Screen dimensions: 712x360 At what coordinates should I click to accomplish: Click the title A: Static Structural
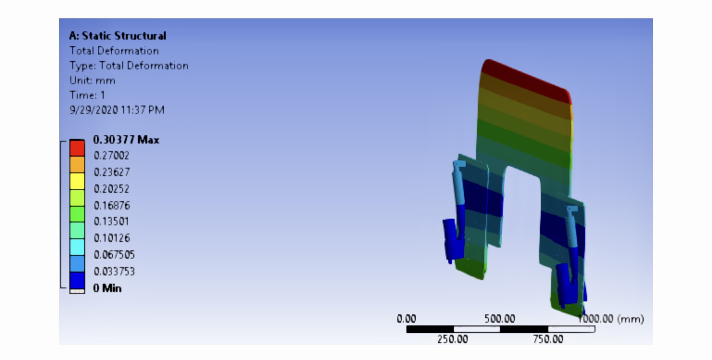coord(117,36)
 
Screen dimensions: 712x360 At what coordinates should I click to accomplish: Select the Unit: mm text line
coord(92,81)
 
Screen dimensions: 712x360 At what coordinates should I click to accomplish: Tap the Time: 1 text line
coord(87,95)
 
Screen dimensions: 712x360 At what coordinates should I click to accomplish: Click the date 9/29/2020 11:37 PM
coord(117,110)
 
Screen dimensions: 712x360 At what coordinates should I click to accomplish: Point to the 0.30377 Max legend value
coord(126,140)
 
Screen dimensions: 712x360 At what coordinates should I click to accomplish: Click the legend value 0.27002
coord(112,155)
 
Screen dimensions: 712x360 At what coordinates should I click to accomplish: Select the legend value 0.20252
coord(112,189)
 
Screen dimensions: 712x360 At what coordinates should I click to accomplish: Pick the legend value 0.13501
coord(112,222)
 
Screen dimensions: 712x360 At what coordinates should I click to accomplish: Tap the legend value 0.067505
coord(114,255)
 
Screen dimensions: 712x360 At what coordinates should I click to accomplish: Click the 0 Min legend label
coord(107,288)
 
